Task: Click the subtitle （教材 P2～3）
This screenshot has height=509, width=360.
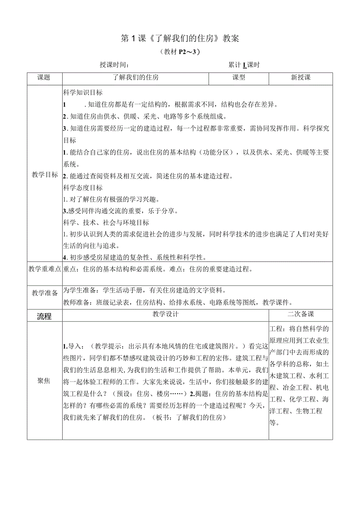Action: point(180,52)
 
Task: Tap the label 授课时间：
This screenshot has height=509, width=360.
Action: point(114,65)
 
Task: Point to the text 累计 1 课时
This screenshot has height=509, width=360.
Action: point(244,65)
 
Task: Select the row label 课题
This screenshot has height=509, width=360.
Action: point(44,77)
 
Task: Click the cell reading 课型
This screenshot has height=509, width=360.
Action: point(239,77)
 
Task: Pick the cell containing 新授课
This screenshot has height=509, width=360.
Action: point(301,77)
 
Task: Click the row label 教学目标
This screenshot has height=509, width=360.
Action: point(45,174)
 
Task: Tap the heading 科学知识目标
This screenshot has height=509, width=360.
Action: point(83,93)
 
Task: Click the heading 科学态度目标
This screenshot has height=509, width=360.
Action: point(83,187)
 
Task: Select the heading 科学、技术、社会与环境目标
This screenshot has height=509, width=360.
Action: point(106,223)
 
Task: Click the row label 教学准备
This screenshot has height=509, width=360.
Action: point(45,293)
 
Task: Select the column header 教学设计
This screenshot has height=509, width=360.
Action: point(166,314)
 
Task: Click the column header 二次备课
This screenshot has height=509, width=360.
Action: point(301,314)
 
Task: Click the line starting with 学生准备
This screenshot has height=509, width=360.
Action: point(144,290)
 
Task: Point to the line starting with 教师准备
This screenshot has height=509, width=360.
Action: point(178,302)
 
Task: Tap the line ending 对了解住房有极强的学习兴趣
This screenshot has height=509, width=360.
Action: point(112,199)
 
